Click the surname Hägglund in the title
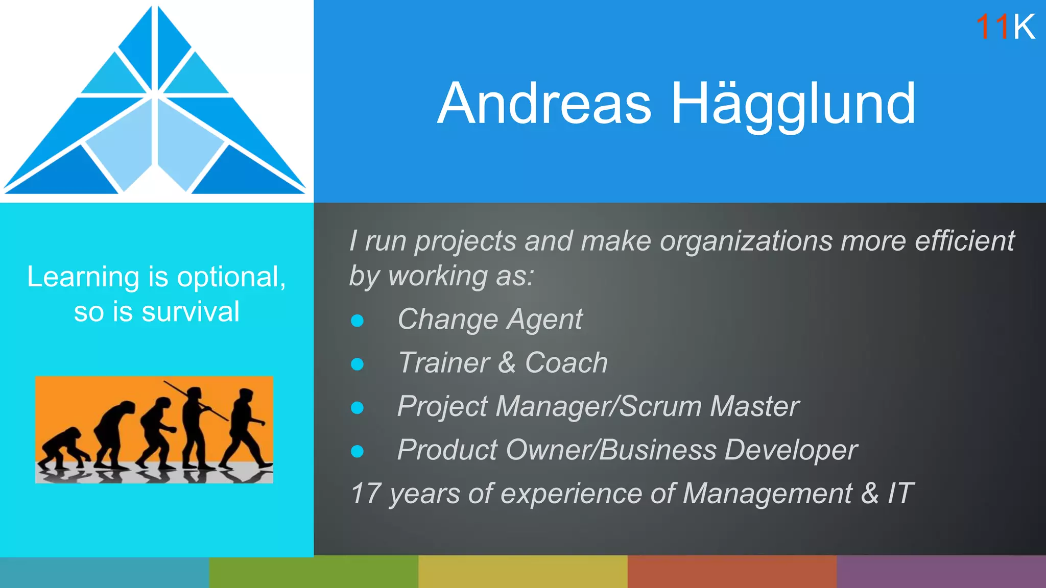[x=793, y=104]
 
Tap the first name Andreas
[x=544, y=104]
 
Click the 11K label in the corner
[x=1005, y=27]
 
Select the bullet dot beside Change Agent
[x=358, y=321]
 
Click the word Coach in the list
[x=566, y=363]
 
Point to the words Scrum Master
[x=709, y=407]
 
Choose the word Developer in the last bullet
[x=791, y=450]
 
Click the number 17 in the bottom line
[x=365, y=494]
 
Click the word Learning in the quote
[x=83, y=277]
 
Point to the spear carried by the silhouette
[x=196, y=400]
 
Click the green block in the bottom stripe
[x=314, y=572]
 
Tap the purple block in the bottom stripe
[x=941, y=572]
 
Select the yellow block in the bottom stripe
[x=522, y=572]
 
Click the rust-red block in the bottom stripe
[x=731, y=572]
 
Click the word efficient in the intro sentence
[x=964, y=241]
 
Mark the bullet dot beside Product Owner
[x=358, y=451]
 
